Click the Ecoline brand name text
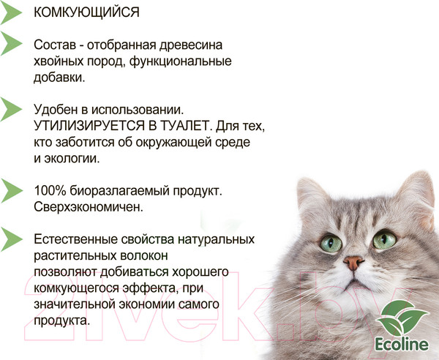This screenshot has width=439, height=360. pyautogui.click(x=401, y=346)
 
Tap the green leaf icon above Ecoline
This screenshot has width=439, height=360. pyautogui.click(x=401, y=317)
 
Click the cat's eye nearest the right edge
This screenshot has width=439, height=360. pyautogui.click(x=383, y=239)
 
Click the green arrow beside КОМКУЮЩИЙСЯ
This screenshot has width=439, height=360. pyautogui.click(x=12, y=12)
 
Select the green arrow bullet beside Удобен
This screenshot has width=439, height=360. pyautogui.click(x=12, y=110)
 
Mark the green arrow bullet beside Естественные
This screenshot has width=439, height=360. pyautogui.click(x=12, y=239)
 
